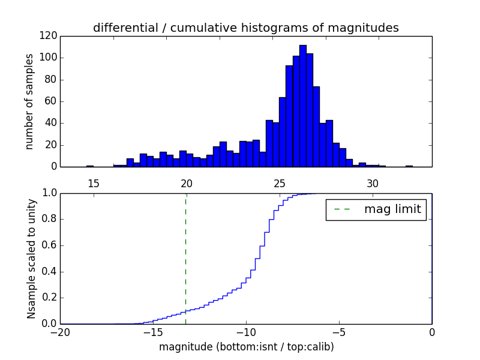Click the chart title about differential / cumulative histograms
point(245,28)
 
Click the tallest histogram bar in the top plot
point(302,106)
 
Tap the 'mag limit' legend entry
point(376,209)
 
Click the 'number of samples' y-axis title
point(29,101)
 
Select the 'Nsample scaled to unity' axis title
point(31,259)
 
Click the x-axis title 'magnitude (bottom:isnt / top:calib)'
point(246,347)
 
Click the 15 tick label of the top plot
point(93,183)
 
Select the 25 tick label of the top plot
point(279,183)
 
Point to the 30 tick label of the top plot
point(372,183)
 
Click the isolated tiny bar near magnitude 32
point(409,166)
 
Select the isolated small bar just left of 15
point(89,166)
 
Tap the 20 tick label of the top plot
point(186,183)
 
